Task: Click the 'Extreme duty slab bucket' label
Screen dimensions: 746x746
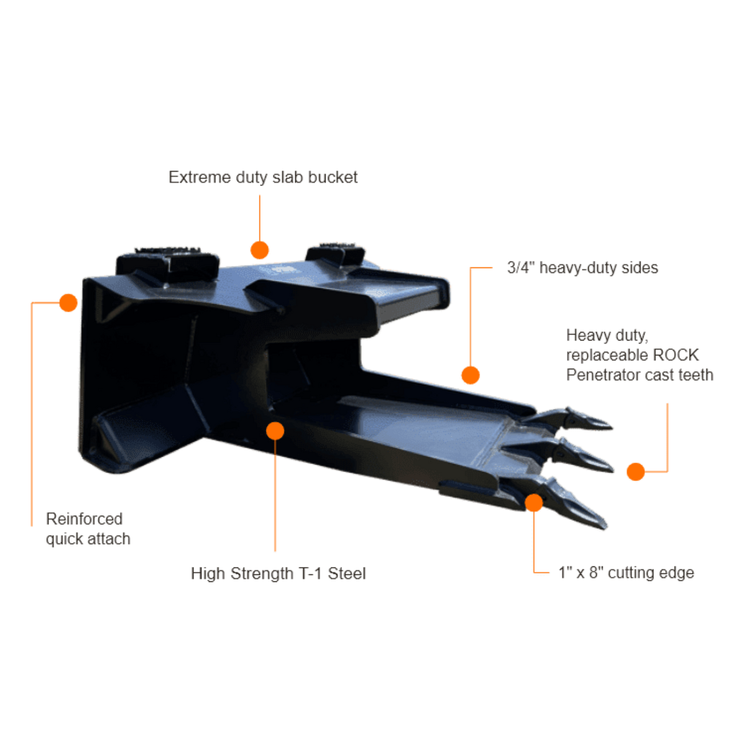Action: [263, 178]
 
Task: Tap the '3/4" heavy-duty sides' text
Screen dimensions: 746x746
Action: [583, 267]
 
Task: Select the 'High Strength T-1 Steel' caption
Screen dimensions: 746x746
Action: [278, 573]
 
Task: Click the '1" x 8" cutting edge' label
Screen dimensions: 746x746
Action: [626, 573]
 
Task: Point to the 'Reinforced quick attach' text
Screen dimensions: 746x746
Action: [88, 528]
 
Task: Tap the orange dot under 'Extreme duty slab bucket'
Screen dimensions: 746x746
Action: [259, 250]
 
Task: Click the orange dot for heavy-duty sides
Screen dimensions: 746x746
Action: [471, 375]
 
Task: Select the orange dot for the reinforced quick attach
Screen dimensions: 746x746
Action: [68, 302]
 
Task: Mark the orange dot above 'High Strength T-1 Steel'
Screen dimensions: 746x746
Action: [275, 430]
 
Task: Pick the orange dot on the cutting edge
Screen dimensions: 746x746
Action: [534, 502]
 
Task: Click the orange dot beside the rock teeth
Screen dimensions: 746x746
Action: [635, 471]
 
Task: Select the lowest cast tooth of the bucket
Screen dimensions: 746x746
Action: [565, 499]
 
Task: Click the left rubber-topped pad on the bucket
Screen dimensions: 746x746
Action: [168, 263]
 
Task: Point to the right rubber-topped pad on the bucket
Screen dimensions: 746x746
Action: [335, 254]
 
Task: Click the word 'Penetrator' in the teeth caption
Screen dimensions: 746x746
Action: [601, 375]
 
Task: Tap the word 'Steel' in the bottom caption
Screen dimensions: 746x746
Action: [347, 573]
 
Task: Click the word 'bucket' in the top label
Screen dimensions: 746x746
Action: [333, 177]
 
